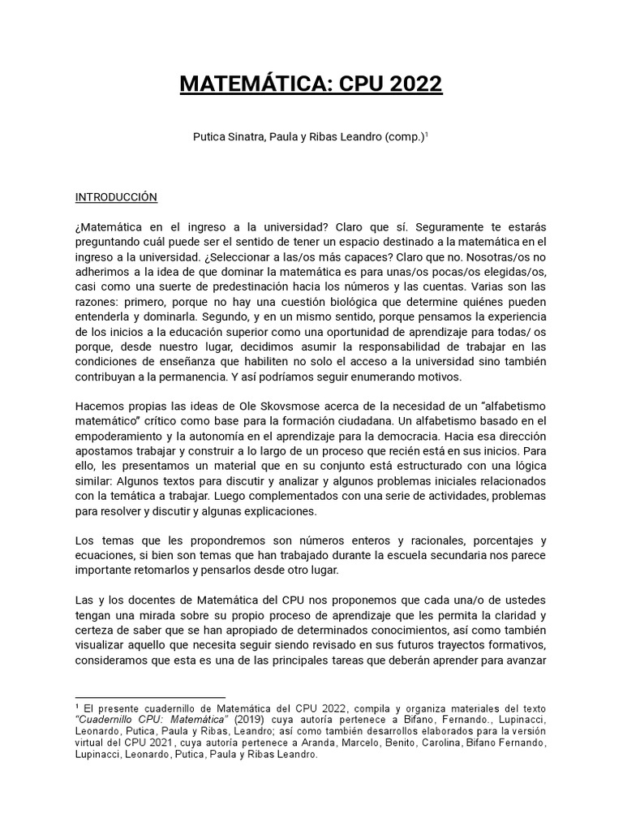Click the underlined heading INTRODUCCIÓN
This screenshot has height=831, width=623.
(x=116, y=197)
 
